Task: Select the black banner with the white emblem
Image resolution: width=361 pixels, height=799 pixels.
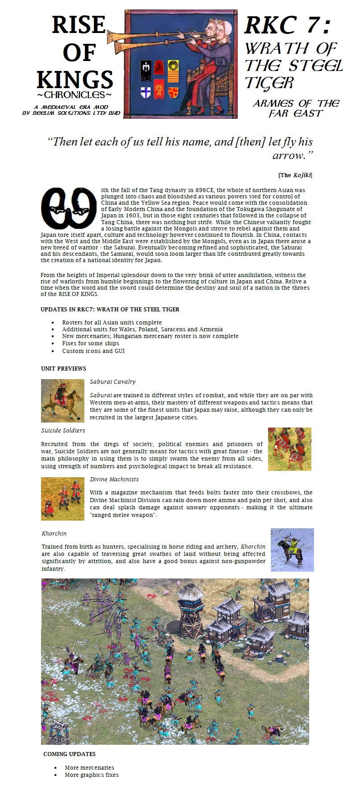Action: (145, 68)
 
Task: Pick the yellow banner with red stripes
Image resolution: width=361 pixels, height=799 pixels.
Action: (173, 68)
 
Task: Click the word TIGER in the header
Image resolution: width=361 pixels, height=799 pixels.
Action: (269, 83)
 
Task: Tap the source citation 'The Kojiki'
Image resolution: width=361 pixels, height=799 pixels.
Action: (295, 175)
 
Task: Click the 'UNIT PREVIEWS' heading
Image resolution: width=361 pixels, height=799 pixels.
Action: (63, 368)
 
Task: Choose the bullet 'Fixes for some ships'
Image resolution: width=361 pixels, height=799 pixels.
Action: (91, 343)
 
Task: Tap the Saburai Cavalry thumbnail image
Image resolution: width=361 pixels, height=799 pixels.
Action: (63, 401)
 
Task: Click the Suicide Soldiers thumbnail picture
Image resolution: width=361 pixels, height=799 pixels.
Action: (289, 449)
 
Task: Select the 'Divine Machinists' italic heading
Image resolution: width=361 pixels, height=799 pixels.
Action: (114, 479)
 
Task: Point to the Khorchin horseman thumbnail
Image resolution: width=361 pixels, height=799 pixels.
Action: (292, 550)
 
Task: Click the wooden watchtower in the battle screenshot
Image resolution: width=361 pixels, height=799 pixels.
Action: (190, 610)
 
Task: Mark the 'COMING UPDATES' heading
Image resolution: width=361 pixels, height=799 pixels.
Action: (69, 754)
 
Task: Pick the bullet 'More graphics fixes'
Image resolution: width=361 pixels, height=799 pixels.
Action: (92, 775)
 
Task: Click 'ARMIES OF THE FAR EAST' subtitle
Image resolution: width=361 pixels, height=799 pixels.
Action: (296, 108)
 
